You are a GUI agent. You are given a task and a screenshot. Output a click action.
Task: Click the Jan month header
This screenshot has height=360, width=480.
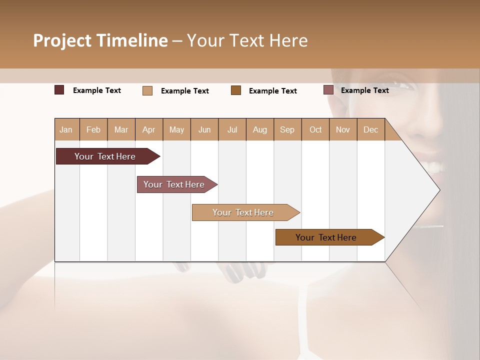coord(66,129)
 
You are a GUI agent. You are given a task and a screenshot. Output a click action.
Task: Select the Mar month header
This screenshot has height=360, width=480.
coord(121,129)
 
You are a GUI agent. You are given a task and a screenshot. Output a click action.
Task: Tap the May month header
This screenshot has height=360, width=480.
coord(176,129)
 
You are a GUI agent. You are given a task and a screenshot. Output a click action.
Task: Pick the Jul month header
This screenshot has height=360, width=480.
coord(232,129)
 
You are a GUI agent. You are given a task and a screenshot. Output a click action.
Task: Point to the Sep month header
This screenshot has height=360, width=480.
coord(287,129)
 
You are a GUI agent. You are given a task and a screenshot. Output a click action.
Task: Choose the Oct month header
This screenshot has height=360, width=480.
coord(315,129)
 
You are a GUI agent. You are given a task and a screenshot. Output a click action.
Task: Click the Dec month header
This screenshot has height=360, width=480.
coord(370,129)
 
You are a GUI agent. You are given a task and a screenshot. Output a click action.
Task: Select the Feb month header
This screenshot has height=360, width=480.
coord(93,129)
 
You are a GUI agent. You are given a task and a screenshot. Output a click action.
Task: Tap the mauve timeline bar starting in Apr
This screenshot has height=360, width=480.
coord(174,184)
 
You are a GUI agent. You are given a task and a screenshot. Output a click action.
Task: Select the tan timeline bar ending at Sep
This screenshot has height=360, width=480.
coord(243,212)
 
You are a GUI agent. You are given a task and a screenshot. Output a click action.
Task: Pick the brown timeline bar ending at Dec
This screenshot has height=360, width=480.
coord(326,237)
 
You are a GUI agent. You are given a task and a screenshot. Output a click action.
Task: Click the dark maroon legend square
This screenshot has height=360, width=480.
coord(59,90)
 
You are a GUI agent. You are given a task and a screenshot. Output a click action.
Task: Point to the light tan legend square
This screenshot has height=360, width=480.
coord(147,90)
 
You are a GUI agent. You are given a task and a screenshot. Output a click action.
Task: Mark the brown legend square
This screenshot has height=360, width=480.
coord(236,90)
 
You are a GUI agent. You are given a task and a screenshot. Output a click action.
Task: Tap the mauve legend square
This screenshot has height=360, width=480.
coord(328,90)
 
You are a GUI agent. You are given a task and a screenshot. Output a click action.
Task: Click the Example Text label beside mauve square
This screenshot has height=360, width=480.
coord(364,90)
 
